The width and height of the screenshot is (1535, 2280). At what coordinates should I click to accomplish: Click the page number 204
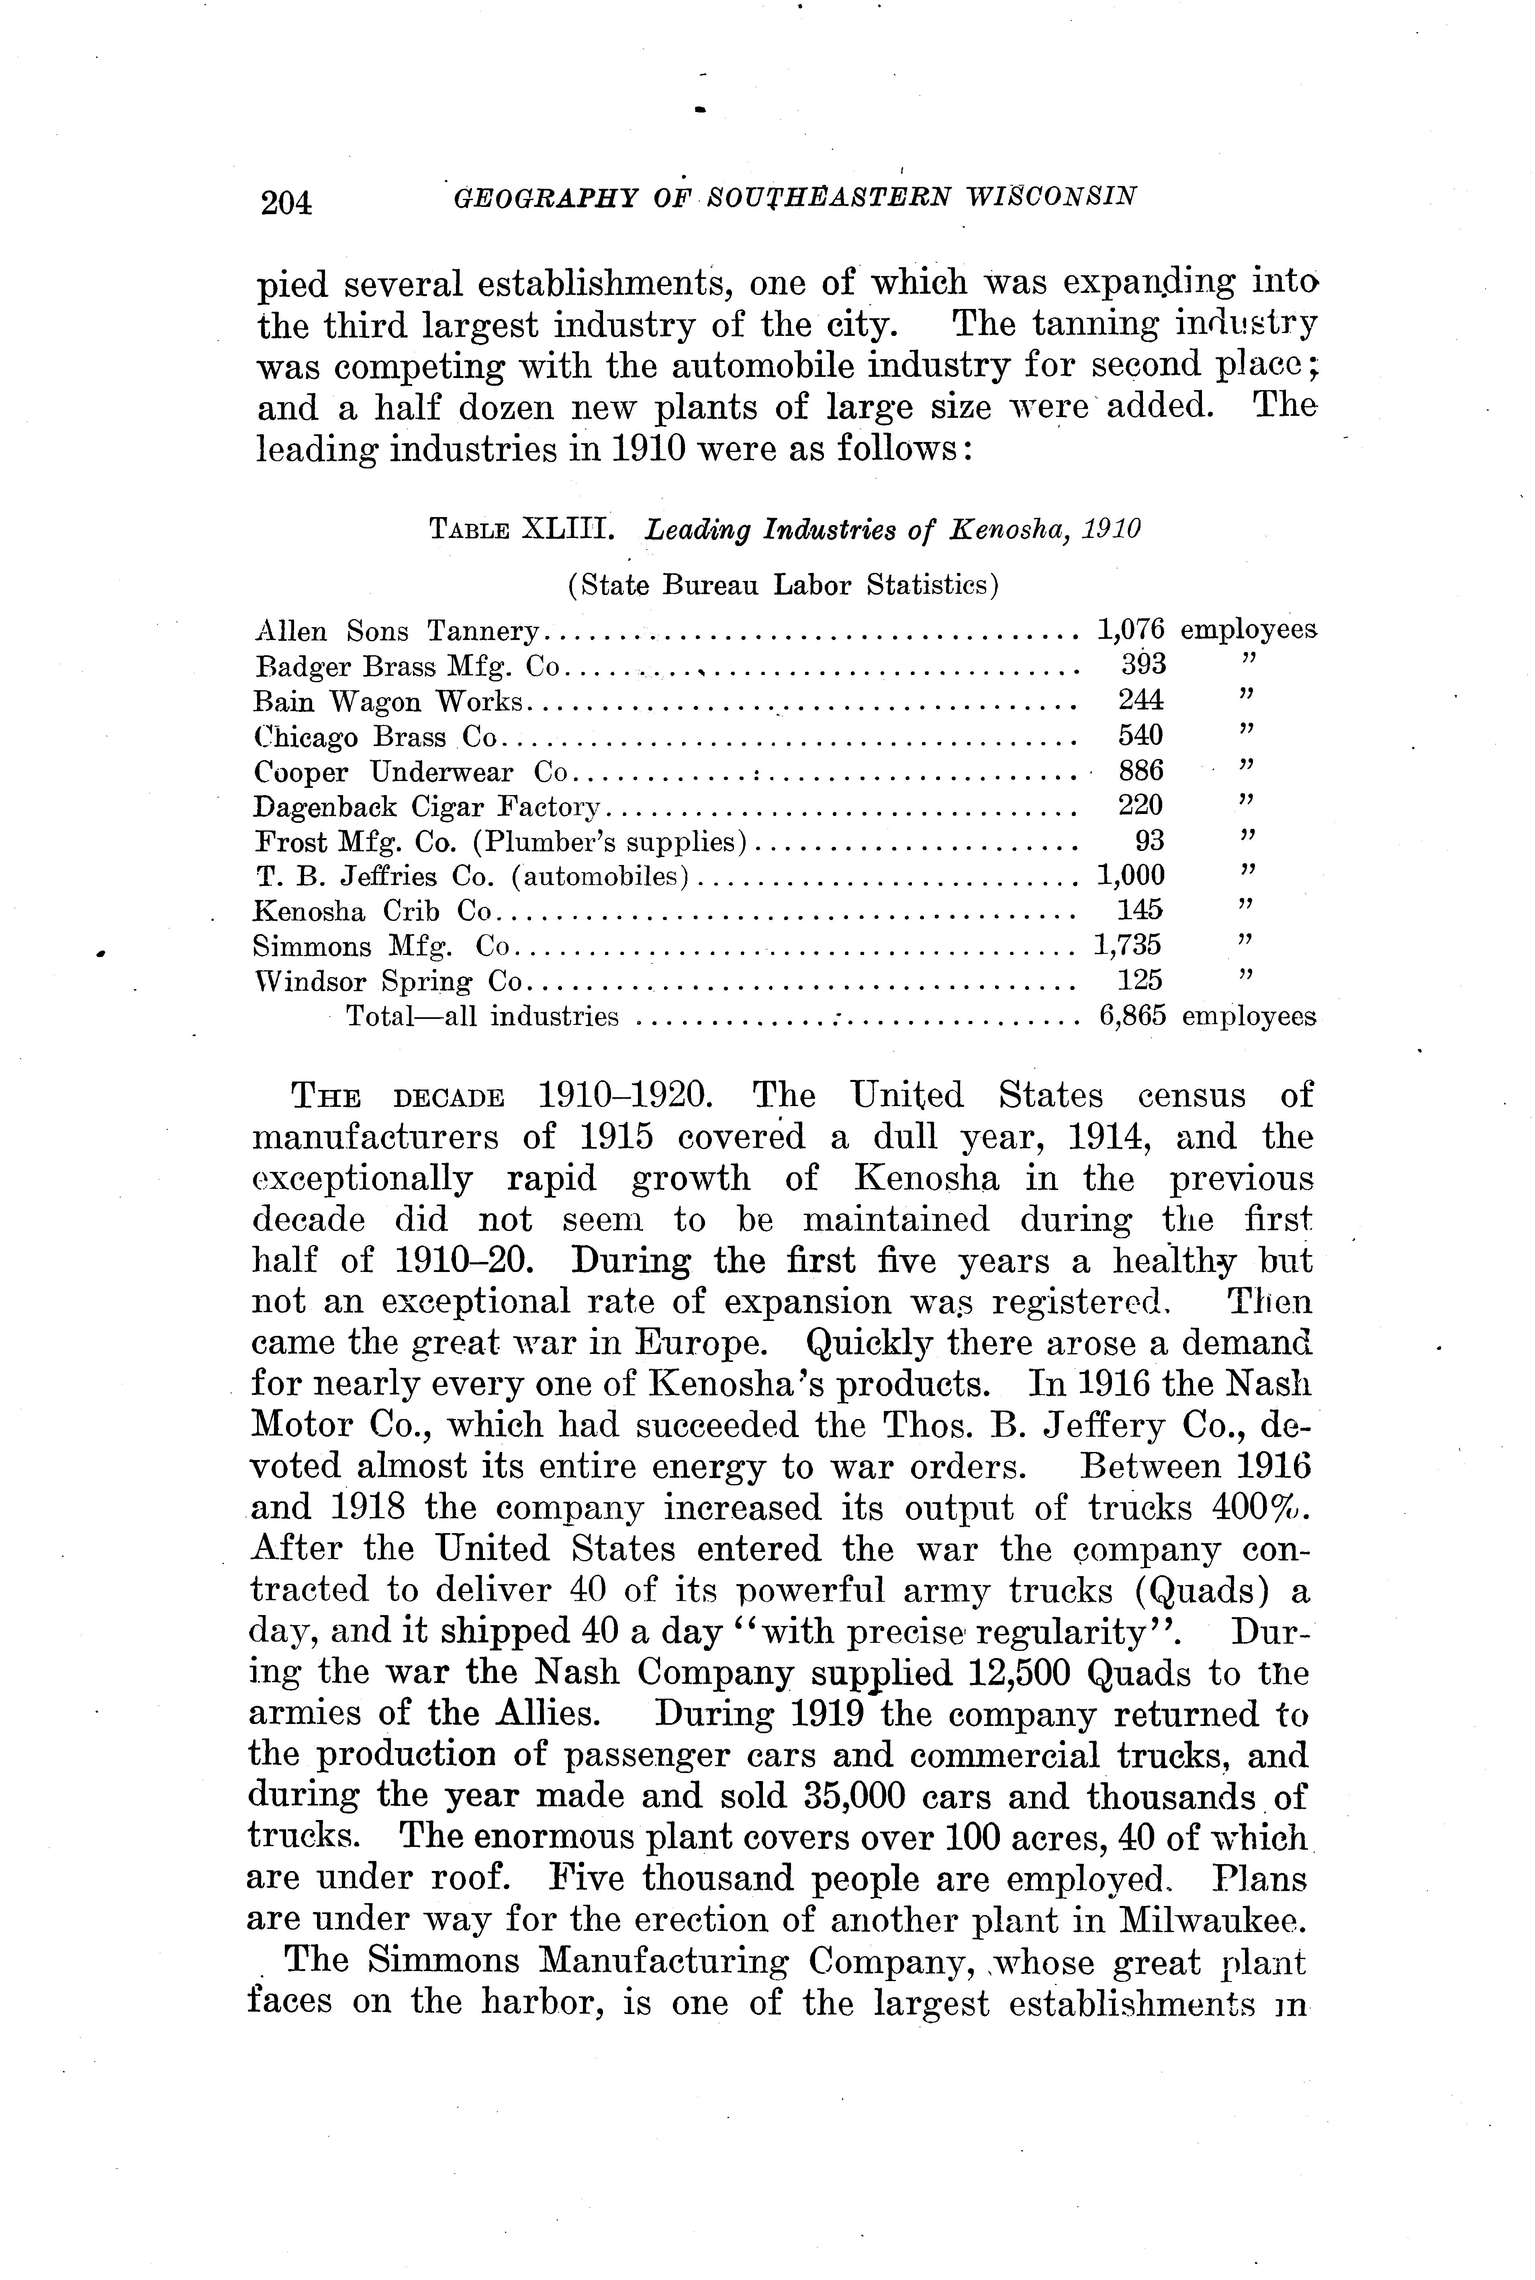286,201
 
